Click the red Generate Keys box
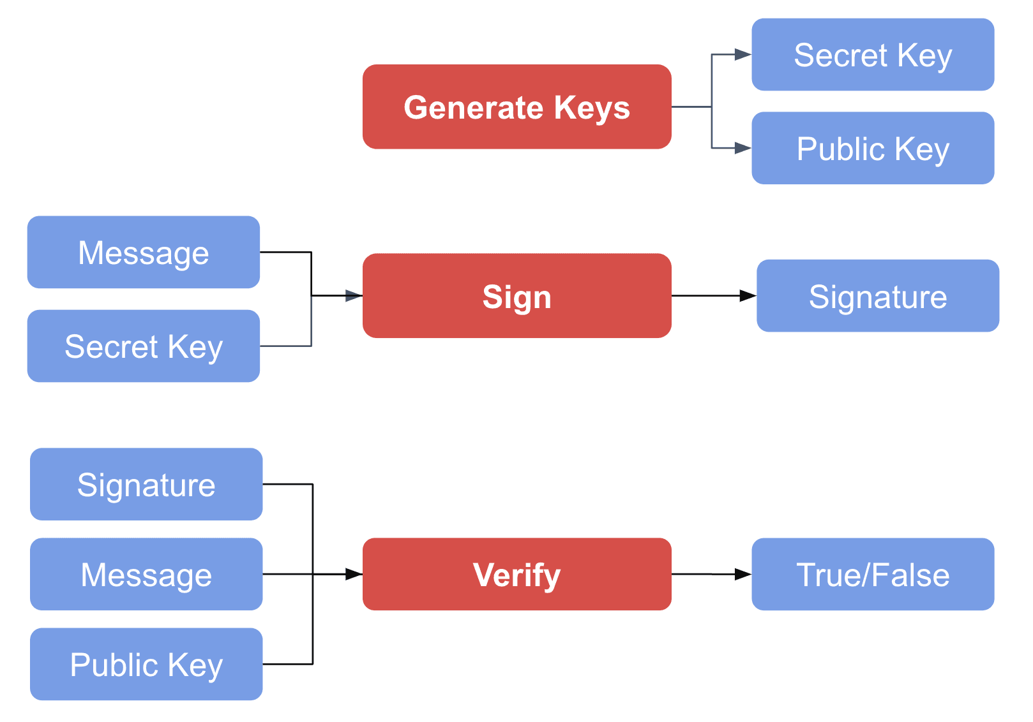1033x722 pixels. coord(516,107)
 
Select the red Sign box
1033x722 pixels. coord(516,296)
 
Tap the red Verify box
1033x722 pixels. coord(516,574)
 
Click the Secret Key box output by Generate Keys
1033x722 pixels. coord(872,55)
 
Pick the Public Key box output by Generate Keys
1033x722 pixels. coord(872,148)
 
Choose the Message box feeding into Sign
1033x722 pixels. coord(143,252)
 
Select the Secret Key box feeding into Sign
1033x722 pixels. coord(143,346)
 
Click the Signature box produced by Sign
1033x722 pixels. coord(877,296)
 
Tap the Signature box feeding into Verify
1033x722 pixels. coord(146,484)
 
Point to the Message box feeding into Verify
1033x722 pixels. coord(146,574)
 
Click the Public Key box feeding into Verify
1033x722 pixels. coord(146,664)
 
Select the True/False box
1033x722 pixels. coord(872,574)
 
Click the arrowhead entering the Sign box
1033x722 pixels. coord(354,296)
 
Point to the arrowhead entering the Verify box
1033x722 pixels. coord(354,574)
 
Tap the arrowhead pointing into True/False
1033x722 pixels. coord(743,574)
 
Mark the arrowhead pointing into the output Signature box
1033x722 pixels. coord(748,296)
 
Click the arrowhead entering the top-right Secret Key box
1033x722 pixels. coord(743,55)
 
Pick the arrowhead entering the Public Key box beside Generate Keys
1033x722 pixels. coord(743,148)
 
